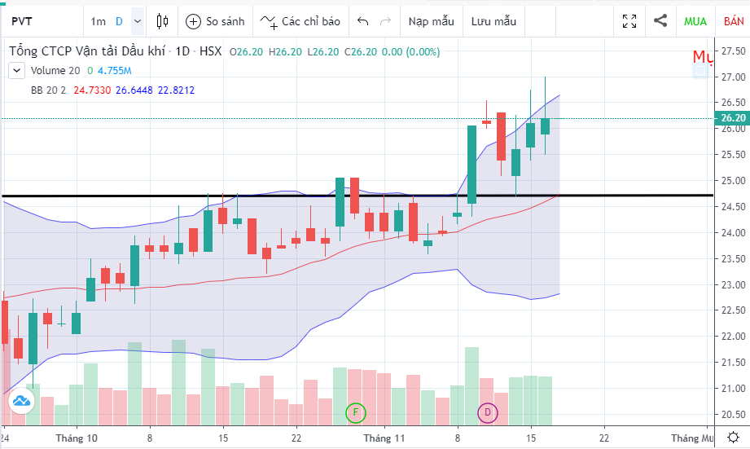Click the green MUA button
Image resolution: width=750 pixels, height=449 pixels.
(x=695, y=21)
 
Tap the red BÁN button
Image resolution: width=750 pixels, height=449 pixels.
(x=734, y=21)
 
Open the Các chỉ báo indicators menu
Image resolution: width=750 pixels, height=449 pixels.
(x=300, y=21)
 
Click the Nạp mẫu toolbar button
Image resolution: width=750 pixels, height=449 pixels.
(x=431, y=21)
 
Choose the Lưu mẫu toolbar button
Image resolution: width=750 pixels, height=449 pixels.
(x=493, y=21)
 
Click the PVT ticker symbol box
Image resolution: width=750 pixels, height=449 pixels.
(x=41, y=21)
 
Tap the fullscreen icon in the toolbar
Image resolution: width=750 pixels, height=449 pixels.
(x=629, y=21)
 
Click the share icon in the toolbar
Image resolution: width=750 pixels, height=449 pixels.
(x=660, y=21)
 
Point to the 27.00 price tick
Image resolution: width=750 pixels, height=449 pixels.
(x=733, y=77)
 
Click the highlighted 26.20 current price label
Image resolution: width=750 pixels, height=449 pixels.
(x=733, y=118)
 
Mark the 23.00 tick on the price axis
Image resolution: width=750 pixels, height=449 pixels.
(x=733, y=285)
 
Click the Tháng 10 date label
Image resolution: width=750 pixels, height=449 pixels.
(x=77, y=438)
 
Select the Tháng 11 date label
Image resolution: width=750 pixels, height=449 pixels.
(x=384, y=438)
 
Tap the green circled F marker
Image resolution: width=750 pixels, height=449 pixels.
(x=356, y=412)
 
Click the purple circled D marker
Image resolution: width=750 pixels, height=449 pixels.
(x=487, y=412)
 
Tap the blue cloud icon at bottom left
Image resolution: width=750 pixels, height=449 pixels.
(x=21, y=400)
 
